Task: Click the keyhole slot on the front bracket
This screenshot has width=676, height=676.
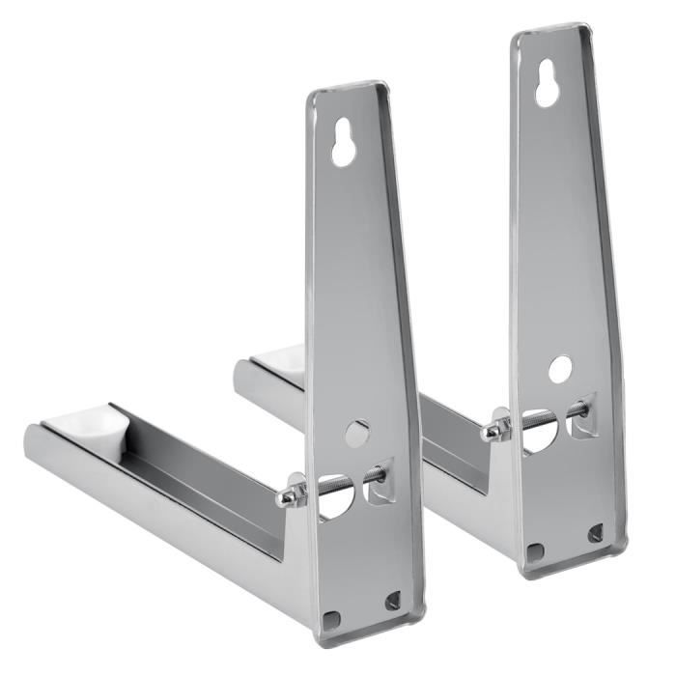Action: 342,144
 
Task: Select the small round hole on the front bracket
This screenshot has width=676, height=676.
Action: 356,432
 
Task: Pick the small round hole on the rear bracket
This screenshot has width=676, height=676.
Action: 560,368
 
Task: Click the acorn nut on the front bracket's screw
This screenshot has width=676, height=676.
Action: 287,496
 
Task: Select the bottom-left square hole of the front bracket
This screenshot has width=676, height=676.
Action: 331,618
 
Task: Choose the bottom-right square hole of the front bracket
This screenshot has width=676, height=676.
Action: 392,601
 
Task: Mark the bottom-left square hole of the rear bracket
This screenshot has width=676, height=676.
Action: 535,551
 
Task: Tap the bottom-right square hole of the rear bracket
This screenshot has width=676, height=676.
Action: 595,532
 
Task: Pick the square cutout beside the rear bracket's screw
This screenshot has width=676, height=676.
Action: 582,421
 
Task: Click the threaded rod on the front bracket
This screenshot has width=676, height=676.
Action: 338,482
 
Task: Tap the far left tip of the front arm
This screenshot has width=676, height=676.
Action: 29,439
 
